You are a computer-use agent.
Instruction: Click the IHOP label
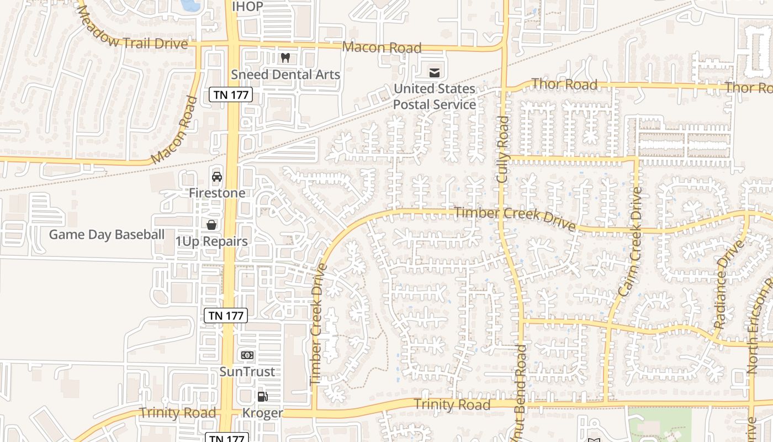(247, 7)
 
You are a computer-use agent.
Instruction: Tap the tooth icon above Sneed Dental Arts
(285, 57)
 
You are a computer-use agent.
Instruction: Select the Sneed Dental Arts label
(285, 75)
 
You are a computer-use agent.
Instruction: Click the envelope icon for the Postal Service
(435, 72)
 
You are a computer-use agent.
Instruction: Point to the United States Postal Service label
(435, 97)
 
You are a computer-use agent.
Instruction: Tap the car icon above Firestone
(217, 177)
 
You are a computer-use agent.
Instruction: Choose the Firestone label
(217, 193)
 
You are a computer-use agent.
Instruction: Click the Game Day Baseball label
(107, 235)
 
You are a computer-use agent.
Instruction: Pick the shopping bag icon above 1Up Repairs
(211, 225)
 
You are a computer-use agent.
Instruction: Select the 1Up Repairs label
(211, 241)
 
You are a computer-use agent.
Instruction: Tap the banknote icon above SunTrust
(247, 355)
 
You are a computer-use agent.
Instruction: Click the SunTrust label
(247, 371)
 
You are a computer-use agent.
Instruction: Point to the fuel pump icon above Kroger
(263, 396)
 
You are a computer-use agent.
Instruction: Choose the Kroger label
(263, 413)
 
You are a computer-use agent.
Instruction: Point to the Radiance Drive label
(728, 285)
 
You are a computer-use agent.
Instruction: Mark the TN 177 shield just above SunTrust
(226, 315)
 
